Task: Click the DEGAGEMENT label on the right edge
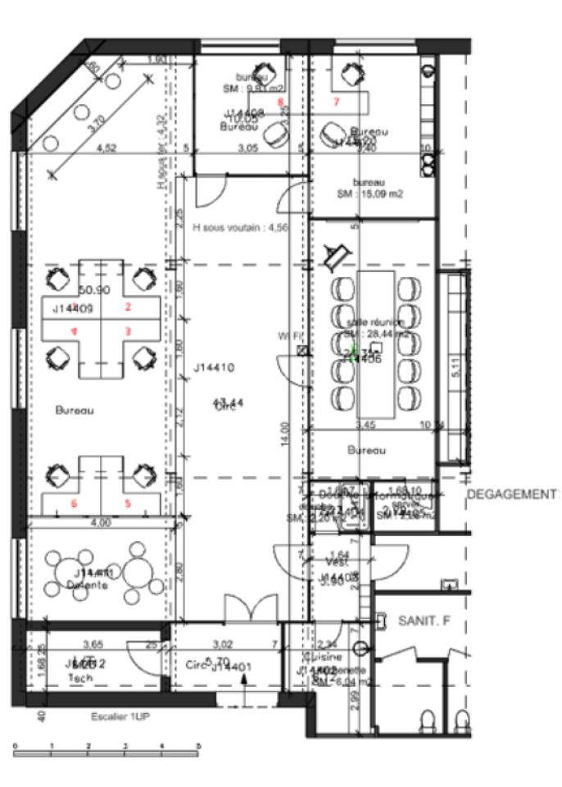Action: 513,495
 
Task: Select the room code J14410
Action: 214,368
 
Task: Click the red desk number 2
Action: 128,307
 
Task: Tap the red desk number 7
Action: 336,102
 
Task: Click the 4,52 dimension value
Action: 105,148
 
